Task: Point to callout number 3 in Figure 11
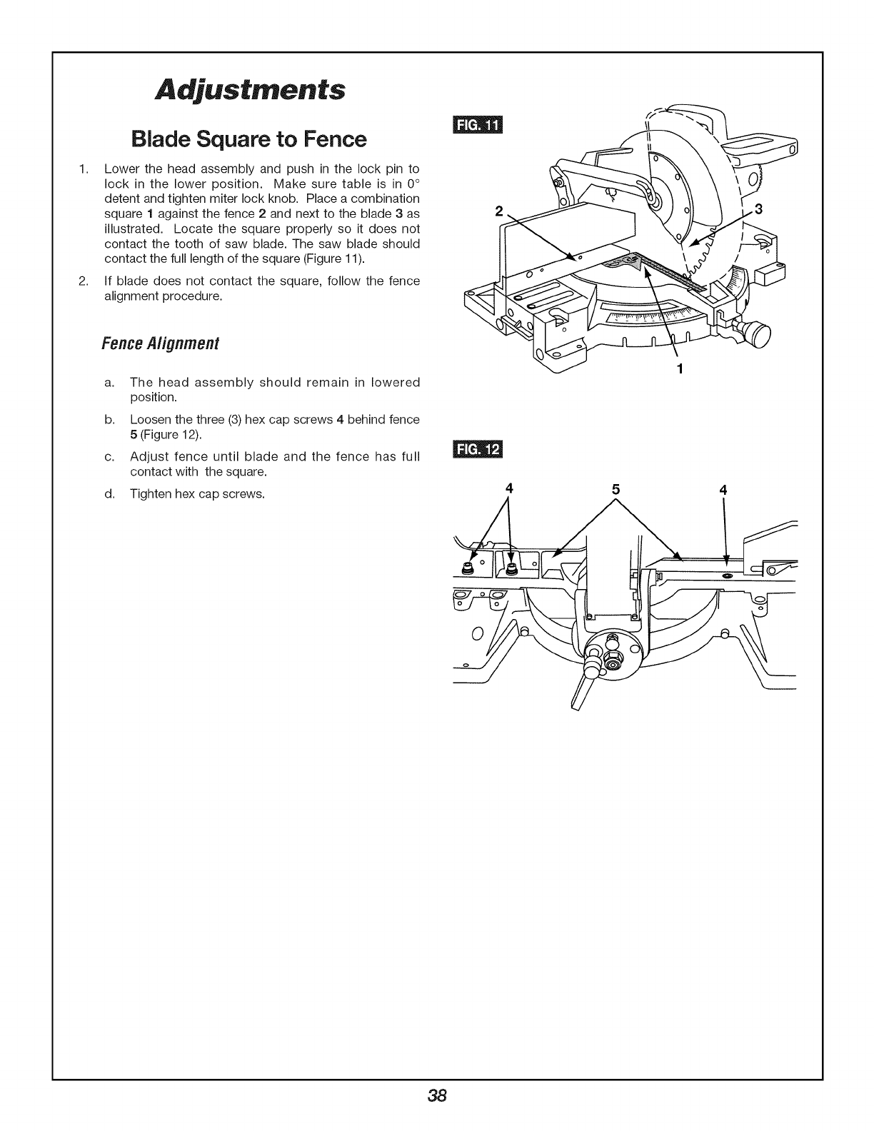tap(759, 209)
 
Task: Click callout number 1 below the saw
tap(680, 369)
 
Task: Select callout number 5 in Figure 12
tap(616, 490)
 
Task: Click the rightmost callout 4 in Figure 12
tap(723, 490)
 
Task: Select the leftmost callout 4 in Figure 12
tap(509, 488)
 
